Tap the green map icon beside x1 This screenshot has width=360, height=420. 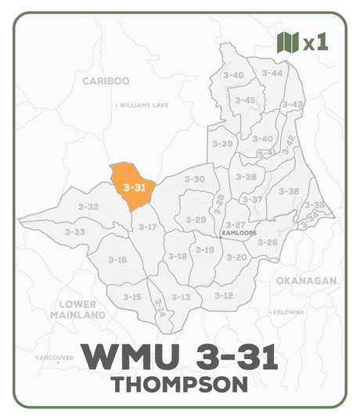pos(288,42)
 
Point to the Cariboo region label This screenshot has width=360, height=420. pos(106,81)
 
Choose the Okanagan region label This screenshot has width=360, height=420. pos(306,280)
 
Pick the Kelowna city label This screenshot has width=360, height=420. pos(288,312)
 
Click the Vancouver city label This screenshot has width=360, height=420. pos(56,357)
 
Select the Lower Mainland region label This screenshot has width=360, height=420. pos(78,309)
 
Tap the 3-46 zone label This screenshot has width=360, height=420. pos(233,75)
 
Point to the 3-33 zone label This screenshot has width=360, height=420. pos(75,232)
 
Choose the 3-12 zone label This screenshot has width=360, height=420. pos(224,295)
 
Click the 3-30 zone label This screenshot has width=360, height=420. pos(194,179)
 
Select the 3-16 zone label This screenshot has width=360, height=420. pos(117,259)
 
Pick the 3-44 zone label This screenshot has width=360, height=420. pos(272,73)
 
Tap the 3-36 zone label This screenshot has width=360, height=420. pos(289,191)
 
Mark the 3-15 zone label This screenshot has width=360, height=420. pos(132,296)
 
